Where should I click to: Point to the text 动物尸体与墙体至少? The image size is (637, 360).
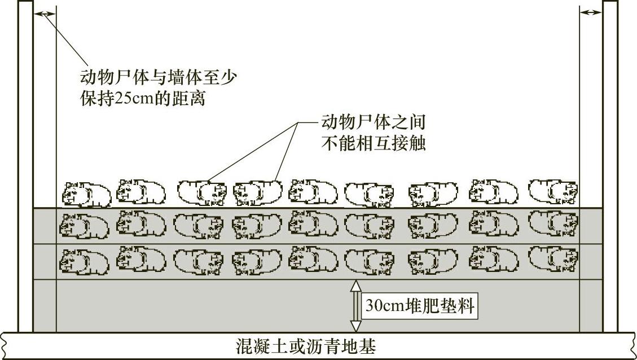click(157, 77)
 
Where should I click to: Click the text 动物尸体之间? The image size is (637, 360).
click(372, 122)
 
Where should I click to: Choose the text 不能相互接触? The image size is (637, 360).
click(372, 143)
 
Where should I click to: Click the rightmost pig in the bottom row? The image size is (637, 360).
click(553, 258)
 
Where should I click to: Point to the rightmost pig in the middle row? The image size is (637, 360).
click(553, 223)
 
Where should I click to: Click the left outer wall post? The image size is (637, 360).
click(25, 164)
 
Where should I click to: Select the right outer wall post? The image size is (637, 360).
click(610, 164)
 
